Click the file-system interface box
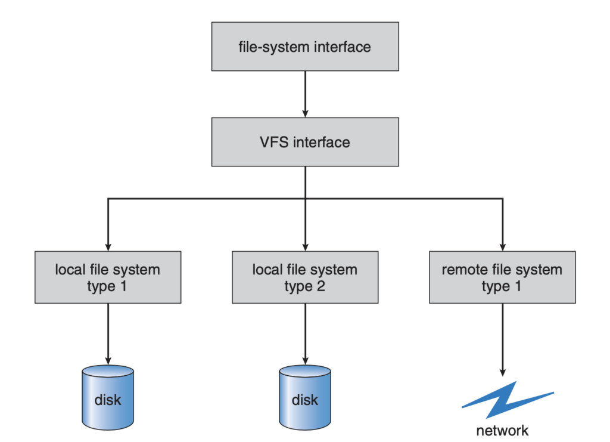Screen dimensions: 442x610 coord(305,47)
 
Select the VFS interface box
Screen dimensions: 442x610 coord(305,142)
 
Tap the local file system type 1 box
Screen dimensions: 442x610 coord(108,277)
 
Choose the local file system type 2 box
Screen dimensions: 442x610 coord(305,277)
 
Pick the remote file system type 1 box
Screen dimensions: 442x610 coord(502,277)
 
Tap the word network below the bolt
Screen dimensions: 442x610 coord(502,430)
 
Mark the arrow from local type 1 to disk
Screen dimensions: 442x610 coord(108,334)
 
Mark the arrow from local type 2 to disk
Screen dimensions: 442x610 coord(305,334)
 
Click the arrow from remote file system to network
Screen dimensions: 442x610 coord(502,340)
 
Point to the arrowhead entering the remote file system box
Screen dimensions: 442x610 coord(502,245)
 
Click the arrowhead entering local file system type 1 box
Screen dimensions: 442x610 coord(108,245)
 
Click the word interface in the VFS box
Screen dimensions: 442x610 coord(322,143)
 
